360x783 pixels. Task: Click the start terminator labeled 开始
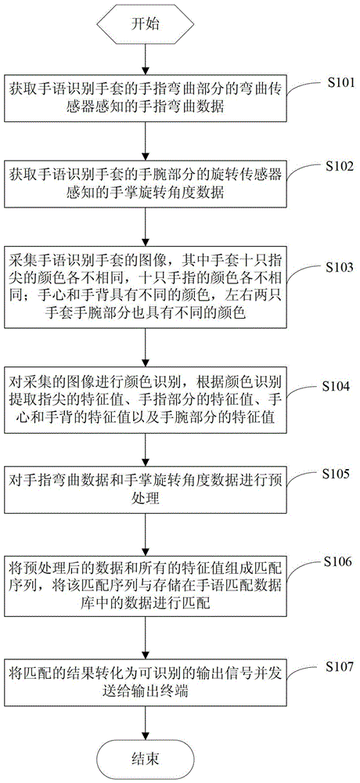coord(144,23)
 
